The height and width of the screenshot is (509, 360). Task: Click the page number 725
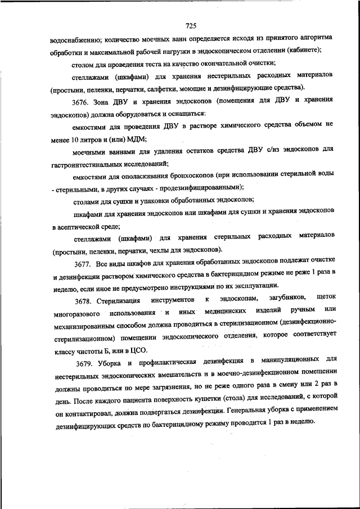click(x=190, y=26)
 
